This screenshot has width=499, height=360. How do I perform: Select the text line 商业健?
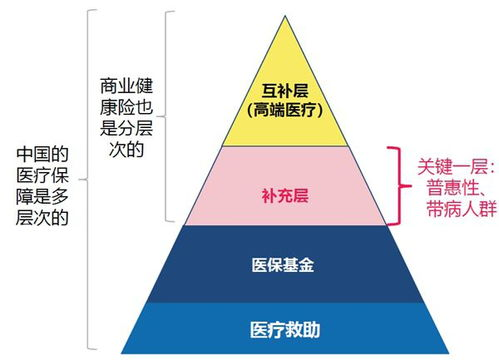pyautogui.click(x=127, y=86)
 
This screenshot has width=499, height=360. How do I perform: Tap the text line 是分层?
pyautogui.click(x=127, y=130)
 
